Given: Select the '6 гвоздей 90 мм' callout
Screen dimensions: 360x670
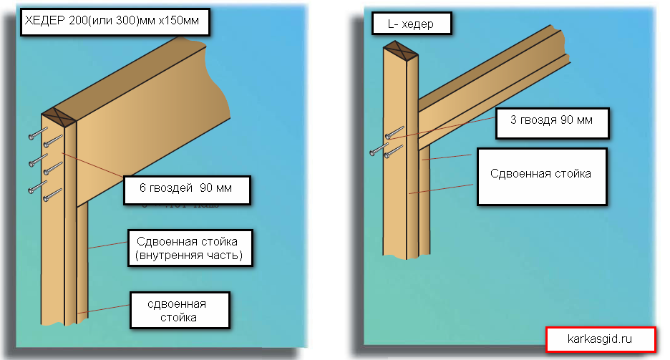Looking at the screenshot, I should pyautogui.click(x=186, y=190).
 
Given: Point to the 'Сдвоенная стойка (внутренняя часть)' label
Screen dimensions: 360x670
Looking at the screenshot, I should pyautogui.click(x=190, y=247).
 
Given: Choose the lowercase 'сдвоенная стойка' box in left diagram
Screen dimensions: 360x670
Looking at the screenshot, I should pyautogui.click(x=180, y=309).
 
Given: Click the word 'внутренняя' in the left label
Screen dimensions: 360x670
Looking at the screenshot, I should pyautogui.click(x=170, y=254).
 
